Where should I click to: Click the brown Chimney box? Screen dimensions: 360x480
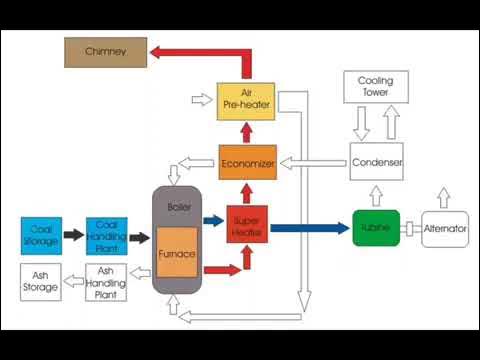pyautogui.click(x=105, y=51)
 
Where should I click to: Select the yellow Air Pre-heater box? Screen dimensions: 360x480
pyautogui.click(x=246, y=99)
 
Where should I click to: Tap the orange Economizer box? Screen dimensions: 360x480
pyautogui.click(x=247, y=162)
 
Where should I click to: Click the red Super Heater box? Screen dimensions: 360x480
pyautogui.click(x=247, y=227)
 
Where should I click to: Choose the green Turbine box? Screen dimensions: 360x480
pyautogui.click(x=376, y=228)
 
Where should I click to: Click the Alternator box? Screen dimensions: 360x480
pyautogui.click(x=444, y=229)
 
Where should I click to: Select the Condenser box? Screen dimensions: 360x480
pyautogui.click(x=376, y=162)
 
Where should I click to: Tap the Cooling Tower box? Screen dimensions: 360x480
pyautogui.click(x=376, y=86)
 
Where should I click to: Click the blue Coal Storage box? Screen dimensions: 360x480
pyautogui.click(x=42, y=235)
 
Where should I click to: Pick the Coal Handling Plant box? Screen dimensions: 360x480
pyautogui.click(x=106, y=235)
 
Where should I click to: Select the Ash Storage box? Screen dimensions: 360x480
pyautogui.click(x=42, y=282)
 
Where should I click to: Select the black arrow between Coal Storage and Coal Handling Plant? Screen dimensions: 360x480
pyautogui.click(x=74, y=235)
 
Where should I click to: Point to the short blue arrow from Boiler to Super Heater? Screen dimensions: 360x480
pyautogui.click(x=212, y=221)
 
